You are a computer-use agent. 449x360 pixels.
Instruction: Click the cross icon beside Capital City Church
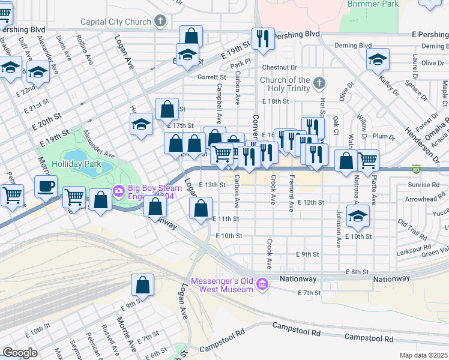click(160, 22)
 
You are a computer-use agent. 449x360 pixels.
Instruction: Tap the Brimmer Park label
click(373, 4)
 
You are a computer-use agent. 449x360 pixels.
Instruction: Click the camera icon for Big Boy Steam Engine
click(118, 191)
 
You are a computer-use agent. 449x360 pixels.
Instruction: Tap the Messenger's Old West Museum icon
click(262, 283)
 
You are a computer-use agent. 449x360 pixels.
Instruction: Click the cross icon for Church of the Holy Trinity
click(319, 83)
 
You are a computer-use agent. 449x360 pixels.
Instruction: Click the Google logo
click(20, 353)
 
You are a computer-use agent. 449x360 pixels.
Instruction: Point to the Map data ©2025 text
click(423, 355)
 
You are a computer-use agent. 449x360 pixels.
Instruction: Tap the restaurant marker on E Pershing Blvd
click(262, 38)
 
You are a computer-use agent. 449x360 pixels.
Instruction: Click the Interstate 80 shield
click(416, 169)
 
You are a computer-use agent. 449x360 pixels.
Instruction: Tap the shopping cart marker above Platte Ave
click(367, 160)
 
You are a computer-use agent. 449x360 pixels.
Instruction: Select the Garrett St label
click(212, 77)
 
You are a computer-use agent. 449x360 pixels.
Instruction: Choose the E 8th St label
click(357, 272)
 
